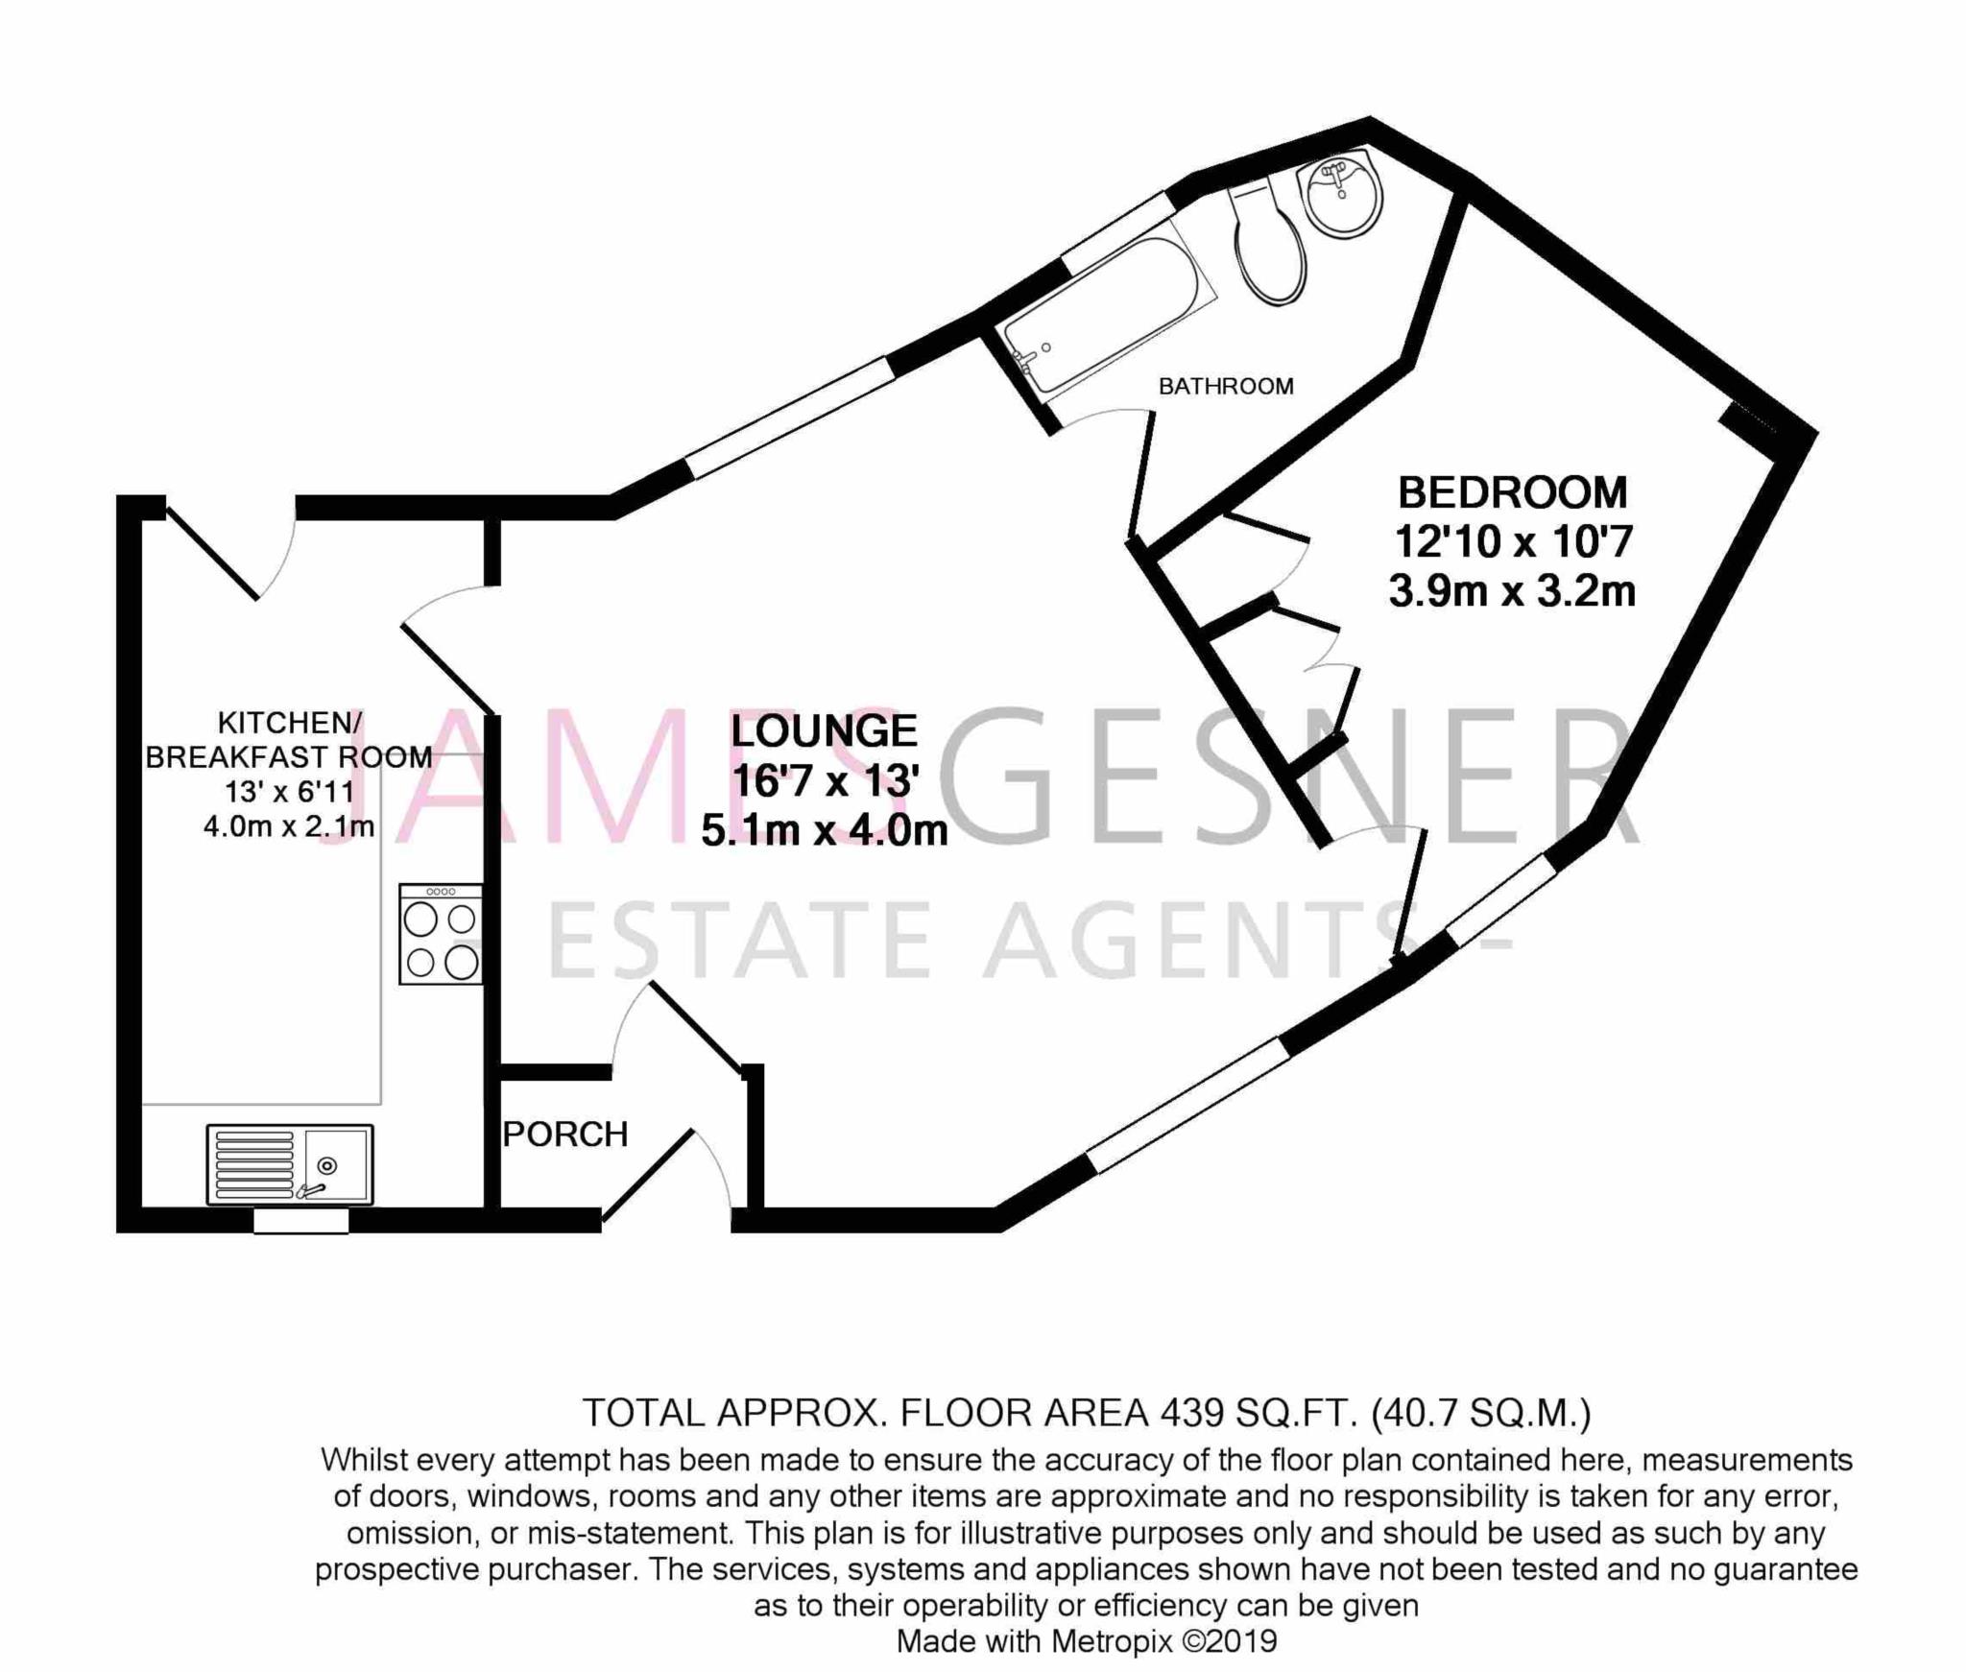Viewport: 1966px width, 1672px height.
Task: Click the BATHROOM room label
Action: pos(1226,386)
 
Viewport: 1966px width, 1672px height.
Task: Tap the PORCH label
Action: pos(565,1135)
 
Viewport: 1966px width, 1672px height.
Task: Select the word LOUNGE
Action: pos(824,731)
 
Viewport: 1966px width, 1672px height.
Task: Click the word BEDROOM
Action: pos(1512,492)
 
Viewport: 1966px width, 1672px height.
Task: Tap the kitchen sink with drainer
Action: pos(290,1164)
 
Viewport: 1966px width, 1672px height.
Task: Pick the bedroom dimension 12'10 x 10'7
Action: pos(1513,542)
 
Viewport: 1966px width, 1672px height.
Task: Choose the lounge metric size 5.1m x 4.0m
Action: pos(825,831)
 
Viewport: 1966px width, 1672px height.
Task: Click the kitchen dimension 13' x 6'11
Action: pos(289,792)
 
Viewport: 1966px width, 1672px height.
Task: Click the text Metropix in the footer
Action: pos(1111,1641)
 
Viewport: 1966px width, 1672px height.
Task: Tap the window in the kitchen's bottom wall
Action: pos(300,1221)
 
